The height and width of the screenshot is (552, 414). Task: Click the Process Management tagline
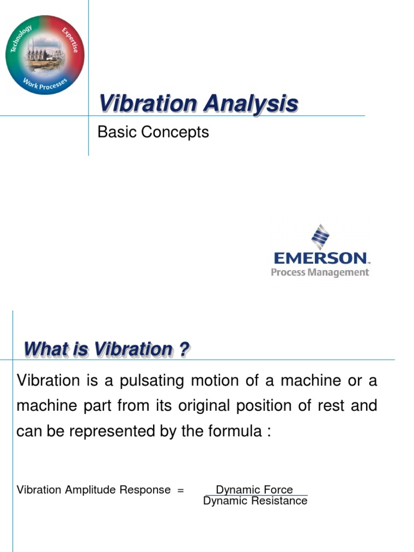pyautogui.click(x=320, y=272)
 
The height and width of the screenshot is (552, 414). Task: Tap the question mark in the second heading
pyautogui.click(x=184, y=350)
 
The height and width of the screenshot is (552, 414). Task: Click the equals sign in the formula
pyautogui.click(x=181, y=490)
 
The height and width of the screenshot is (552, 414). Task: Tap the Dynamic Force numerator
pyautogui.click(x=254, y=489)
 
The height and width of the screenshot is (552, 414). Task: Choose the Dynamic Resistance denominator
pyautogui.click(x=255, y=501)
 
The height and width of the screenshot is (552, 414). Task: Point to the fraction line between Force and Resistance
pyautogui.click(x=255, y=495)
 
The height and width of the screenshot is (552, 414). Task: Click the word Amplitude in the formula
pyautogui.click(x=81, y=490)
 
